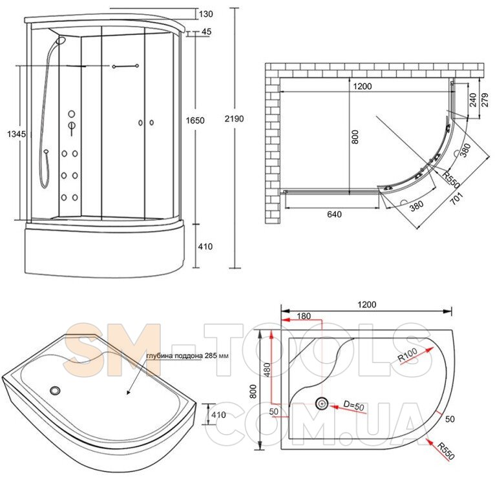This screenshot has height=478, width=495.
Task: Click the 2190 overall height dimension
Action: [234, 119]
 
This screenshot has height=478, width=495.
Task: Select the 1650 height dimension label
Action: [195, 120]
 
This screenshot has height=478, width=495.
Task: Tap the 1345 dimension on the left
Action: [16, 134]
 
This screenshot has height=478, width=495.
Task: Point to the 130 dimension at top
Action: [206, 14]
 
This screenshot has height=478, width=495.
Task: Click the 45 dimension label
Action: [206, 32]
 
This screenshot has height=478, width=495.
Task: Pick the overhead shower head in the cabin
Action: [61, 40]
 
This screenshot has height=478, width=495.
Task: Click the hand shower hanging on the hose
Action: [46, 152]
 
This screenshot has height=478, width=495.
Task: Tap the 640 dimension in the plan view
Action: [334, 214]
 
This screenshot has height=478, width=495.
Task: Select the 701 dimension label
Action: [457, 198]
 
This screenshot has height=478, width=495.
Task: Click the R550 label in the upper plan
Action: [450, 180]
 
